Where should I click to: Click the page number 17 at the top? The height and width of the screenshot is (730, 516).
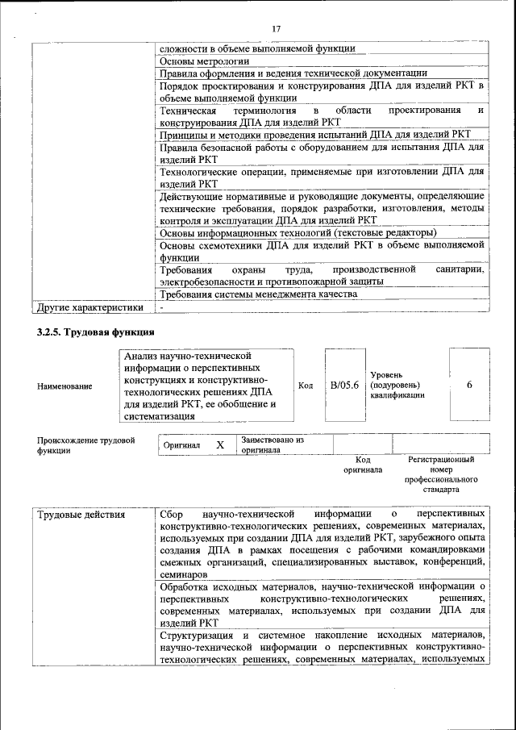(276, 29)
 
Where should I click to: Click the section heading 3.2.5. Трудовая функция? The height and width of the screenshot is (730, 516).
(96, 332)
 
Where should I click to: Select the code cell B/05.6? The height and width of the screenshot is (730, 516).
(344, 385)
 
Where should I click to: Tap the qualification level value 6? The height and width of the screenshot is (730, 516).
(469, 385)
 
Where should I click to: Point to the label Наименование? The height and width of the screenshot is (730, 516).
(64, 386)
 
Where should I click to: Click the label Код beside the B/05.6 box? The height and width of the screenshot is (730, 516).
(306, 386)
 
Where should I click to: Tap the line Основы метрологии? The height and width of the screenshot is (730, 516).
(204, 60)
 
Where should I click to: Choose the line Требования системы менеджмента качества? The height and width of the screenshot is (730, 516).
(258, 294)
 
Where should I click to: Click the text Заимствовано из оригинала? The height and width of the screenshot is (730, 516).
(271, 445)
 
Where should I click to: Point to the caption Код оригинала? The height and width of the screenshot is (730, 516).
(362, 464)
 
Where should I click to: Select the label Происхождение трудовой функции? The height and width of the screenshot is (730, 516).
(85, 445)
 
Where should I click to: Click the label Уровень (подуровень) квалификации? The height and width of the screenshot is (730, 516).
(398, 386)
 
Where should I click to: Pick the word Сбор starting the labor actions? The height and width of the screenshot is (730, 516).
(173, 514)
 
